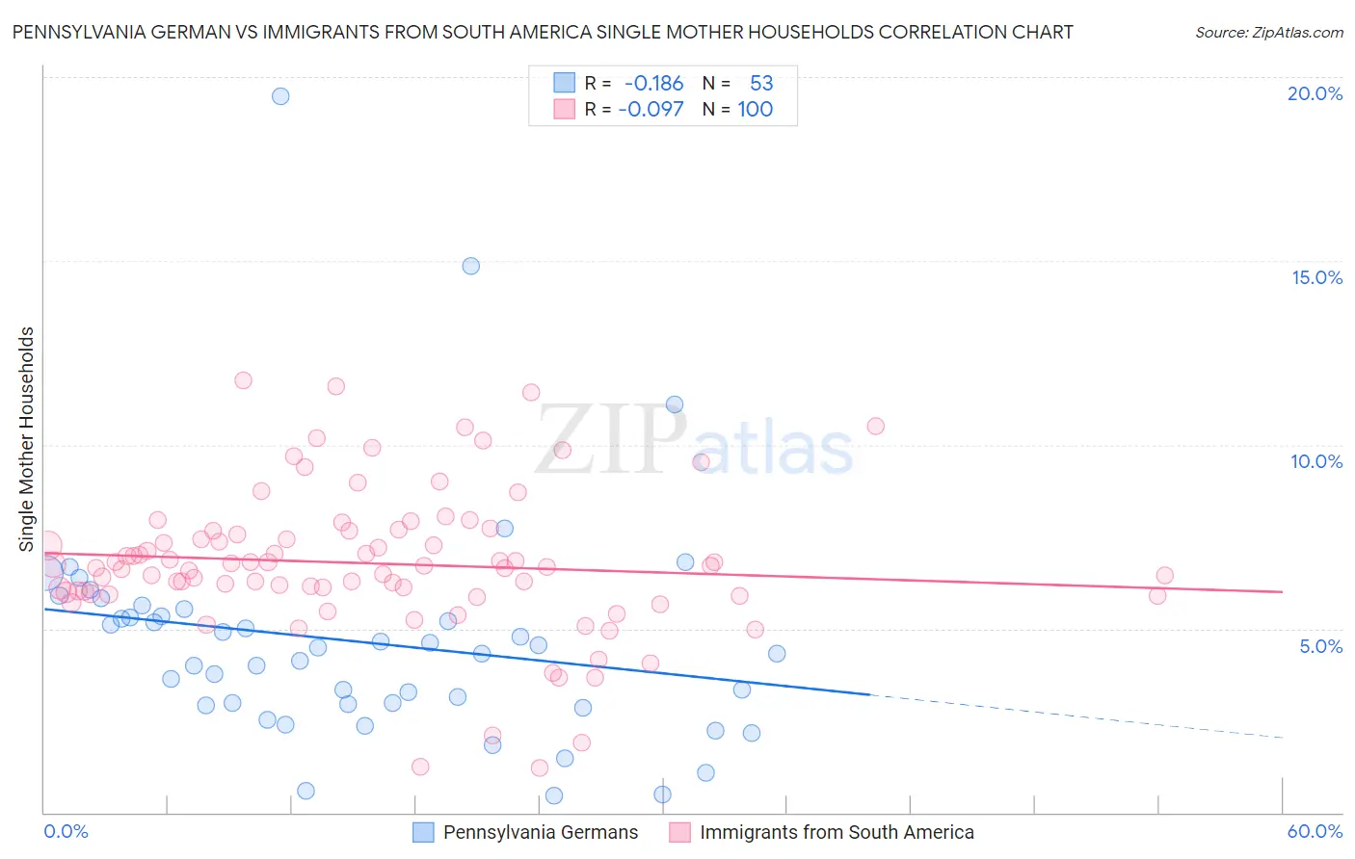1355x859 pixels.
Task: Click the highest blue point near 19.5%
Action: coord(280,95)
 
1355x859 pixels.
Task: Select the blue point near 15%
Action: coord(470,266)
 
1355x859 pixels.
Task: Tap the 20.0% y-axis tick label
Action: coord(1315,93)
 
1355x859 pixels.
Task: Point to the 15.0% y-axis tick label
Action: coord(1316,277)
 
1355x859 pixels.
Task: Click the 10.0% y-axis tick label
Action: coord(1316,461)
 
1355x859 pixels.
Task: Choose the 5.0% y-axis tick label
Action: coord(1320,646)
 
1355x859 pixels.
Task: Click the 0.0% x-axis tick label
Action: coord(66,831)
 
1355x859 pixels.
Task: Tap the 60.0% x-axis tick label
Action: coord(1315,831)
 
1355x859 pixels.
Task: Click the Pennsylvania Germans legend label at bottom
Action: coord(540,832)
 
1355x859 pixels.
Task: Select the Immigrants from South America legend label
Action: coord(837,832)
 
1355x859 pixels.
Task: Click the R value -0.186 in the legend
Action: coord(653,83)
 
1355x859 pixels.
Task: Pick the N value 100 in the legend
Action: coord(756,109)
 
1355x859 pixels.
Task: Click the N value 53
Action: coord(761,83)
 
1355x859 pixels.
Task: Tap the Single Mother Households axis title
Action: coord(27,439)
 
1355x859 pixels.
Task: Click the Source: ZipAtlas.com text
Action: coord(1268,32)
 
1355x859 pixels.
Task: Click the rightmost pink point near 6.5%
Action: coord(1164,575)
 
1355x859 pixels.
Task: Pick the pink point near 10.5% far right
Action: coord(875,426)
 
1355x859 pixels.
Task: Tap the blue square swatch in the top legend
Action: coord(564,83)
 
